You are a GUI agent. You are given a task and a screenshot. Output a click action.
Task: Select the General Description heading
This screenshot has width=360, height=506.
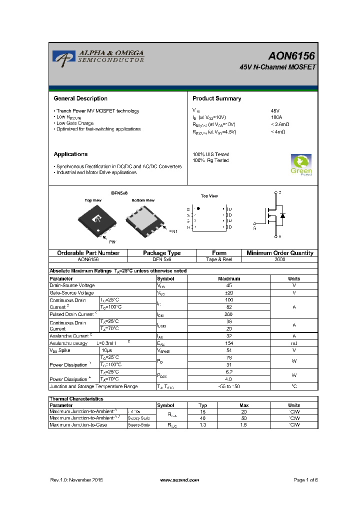[x=80, y=98]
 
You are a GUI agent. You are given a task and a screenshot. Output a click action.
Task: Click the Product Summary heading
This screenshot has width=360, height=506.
[x=217, y=98]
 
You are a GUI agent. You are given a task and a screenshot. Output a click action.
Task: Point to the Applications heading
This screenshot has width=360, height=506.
[x=70, y=154]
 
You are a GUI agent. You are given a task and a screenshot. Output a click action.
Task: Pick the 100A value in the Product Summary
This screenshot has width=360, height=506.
[x=276, y=117]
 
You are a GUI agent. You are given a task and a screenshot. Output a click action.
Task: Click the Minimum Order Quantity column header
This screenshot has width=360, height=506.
[x=280, y=253]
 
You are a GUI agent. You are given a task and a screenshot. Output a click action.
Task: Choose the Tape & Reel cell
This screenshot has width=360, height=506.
[x=219, y=259]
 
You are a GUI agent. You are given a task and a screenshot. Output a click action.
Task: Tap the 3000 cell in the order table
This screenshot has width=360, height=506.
[x=280, y=259]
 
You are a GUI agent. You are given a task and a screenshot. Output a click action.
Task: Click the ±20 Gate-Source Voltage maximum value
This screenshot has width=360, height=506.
[x=229, y=292]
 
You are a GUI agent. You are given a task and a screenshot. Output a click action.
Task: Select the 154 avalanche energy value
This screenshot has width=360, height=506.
[x=229, y=343]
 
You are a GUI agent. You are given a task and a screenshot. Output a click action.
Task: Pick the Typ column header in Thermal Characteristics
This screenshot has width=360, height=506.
[x=202, y=405]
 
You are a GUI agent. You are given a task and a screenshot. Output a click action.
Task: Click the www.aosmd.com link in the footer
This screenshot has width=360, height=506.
[x=179, y=479]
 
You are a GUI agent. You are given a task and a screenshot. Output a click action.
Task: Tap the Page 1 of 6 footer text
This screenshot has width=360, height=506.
[x=305, y=479]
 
